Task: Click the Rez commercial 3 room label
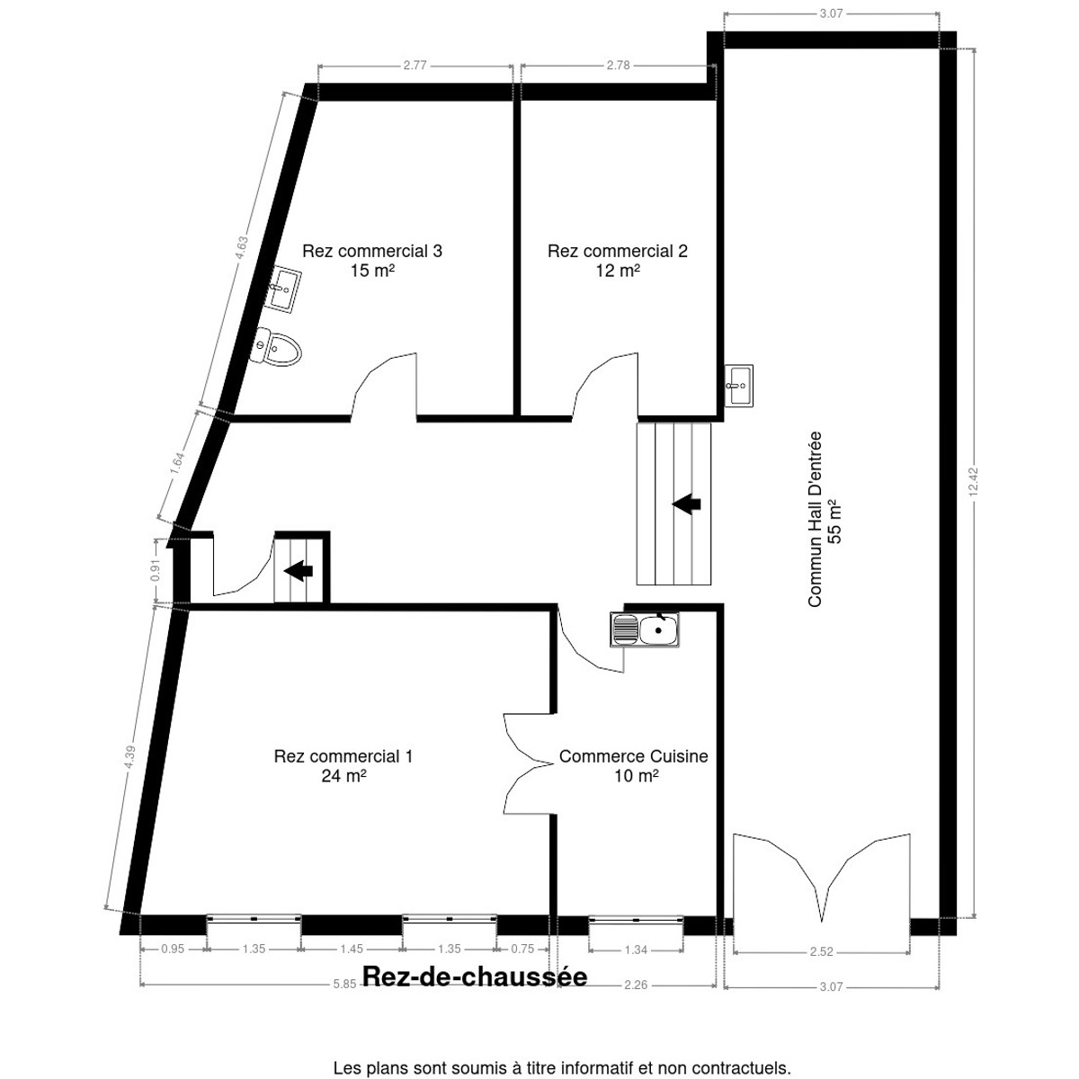372,260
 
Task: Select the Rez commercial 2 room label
618,260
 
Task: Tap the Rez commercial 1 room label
343,765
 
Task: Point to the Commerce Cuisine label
634,765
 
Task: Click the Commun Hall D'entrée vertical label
825,520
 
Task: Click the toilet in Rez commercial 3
278,348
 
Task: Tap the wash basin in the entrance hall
740,386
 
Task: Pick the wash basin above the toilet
287,290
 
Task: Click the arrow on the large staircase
687,504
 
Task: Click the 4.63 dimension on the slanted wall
241,250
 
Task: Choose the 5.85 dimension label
343,985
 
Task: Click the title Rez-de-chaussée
475,977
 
